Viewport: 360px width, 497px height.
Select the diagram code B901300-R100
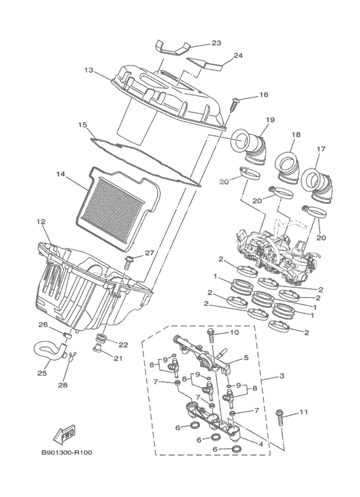67,452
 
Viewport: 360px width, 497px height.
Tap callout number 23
216,43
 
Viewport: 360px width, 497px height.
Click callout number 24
238,55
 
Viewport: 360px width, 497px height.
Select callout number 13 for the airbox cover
89,69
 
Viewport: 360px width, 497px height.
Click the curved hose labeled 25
50,352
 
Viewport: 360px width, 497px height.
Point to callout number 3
282,376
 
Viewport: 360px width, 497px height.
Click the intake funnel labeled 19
249,147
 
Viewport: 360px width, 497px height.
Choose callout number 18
296,135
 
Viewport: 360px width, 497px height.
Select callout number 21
118,359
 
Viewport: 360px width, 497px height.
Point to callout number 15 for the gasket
82,125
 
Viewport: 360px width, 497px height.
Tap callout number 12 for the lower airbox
42,222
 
